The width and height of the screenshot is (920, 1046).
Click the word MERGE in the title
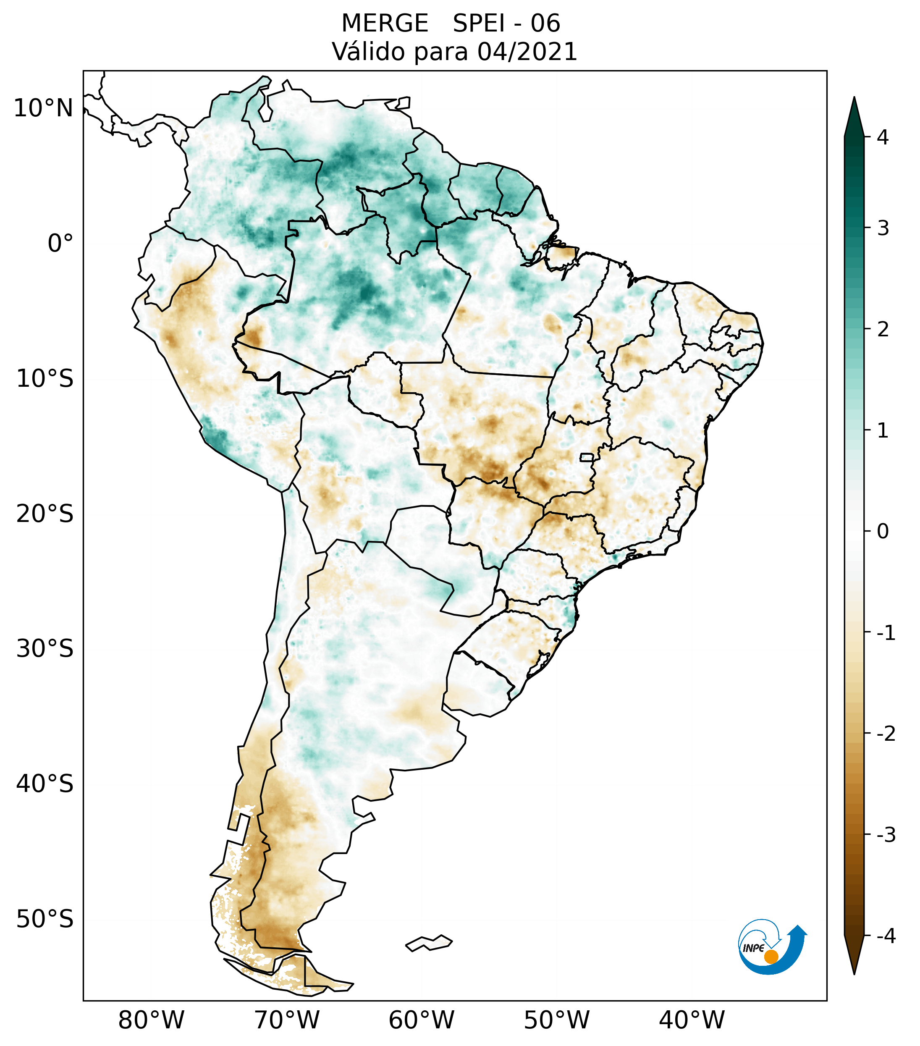coord(384,24)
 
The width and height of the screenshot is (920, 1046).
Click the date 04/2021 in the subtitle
coord(527,52)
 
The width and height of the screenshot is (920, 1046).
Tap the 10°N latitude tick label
coord(43,108)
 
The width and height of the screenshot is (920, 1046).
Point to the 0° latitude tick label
coord(60,243)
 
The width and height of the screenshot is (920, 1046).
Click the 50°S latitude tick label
coord(45,919)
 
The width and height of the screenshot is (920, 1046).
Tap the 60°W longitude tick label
coord(421,1020)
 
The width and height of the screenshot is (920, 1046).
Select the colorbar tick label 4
coord(883,137)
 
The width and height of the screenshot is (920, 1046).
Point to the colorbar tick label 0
coord(883,532)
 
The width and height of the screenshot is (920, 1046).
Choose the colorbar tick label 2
coord(883,330)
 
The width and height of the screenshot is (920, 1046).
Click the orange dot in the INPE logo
coord(771,957)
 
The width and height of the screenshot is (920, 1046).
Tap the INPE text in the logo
coord(753,948)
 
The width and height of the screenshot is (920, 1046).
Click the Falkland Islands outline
coord(429,943)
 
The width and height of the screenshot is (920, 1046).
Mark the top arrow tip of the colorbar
coord(854,100)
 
